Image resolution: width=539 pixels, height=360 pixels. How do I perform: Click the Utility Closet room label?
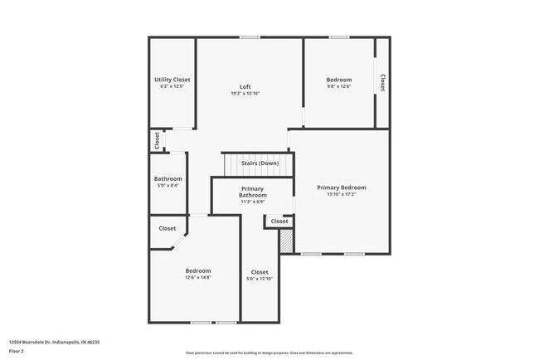[172, 80]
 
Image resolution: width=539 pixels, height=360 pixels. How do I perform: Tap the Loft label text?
[245, 86]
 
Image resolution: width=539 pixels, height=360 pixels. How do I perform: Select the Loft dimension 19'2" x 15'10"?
[245, 94]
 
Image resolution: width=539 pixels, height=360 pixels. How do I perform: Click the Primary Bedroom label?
[341, 187]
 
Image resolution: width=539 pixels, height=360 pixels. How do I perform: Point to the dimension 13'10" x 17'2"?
[341, 195]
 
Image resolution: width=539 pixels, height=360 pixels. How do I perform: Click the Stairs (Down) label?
[260, 163]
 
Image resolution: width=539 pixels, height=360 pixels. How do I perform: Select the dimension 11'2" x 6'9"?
[252, 202]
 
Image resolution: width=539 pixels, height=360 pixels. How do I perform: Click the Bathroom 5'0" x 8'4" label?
[168, 182]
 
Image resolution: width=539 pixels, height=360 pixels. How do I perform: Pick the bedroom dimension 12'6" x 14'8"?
[197, 278]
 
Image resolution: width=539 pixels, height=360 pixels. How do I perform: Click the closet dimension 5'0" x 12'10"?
[260, 279]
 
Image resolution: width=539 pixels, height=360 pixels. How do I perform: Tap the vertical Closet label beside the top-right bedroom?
[382, 83]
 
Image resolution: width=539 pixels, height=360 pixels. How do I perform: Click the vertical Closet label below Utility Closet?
[156, 141]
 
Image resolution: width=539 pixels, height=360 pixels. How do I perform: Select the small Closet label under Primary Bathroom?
[279, 221]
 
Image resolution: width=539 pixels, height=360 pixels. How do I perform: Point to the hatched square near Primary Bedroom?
[286, 241]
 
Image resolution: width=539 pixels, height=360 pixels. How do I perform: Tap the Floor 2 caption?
[17, 351]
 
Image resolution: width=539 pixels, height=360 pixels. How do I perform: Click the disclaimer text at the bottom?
[269, 353]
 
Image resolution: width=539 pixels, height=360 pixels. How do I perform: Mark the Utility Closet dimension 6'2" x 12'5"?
[172, 87]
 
